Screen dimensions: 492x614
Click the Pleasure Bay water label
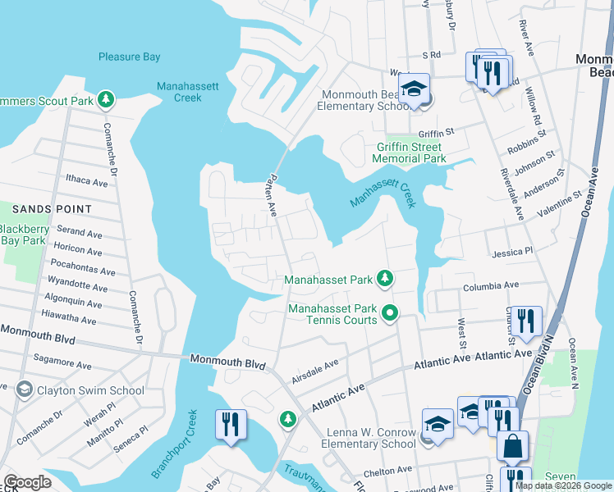(x=129, y=57)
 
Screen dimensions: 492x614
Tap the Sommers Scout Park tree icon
(x=105, y=100)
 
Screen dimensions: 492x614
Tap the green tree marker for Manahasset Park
(x=384, y=280)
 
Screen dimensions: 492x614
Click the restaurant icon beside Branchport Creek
(x=229, y=424)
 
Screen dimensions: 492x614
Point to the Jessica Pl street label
(x=512, y=253)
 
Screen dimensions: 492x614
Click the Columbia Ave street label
(x=491, y=286)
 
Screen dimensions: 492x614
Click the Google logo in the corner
(x=27, y=482)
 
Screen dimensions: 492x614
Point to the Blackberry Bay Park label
(x=22, y=235)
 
